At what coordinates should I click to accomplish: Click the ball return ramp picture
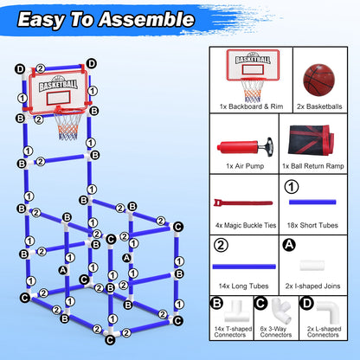321,142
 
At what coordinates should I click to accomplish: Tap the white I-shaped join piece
321,266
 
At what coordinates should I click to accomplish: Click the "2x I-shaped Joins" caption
321,285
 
